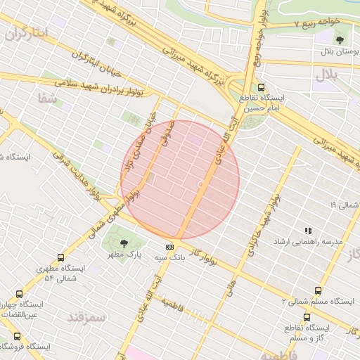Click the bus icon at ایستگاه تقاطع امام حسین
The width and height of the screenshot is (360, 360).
pos(262,88)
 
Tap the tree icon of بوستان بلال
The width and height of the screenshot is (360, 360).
pos(340,40)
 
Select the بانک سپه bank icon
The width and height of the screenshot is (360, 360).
pos(169,247)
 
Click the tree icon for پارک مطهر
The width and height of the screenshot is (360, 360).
pos(124,243)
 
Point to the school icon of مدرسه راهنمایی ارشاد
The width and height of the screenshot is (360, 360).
pos(307,230)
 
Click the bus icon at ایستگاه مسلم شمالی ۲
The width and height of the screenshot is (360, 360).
pos(318,290)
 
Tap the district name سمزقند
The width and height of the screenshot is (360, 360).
pos(86,317)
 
